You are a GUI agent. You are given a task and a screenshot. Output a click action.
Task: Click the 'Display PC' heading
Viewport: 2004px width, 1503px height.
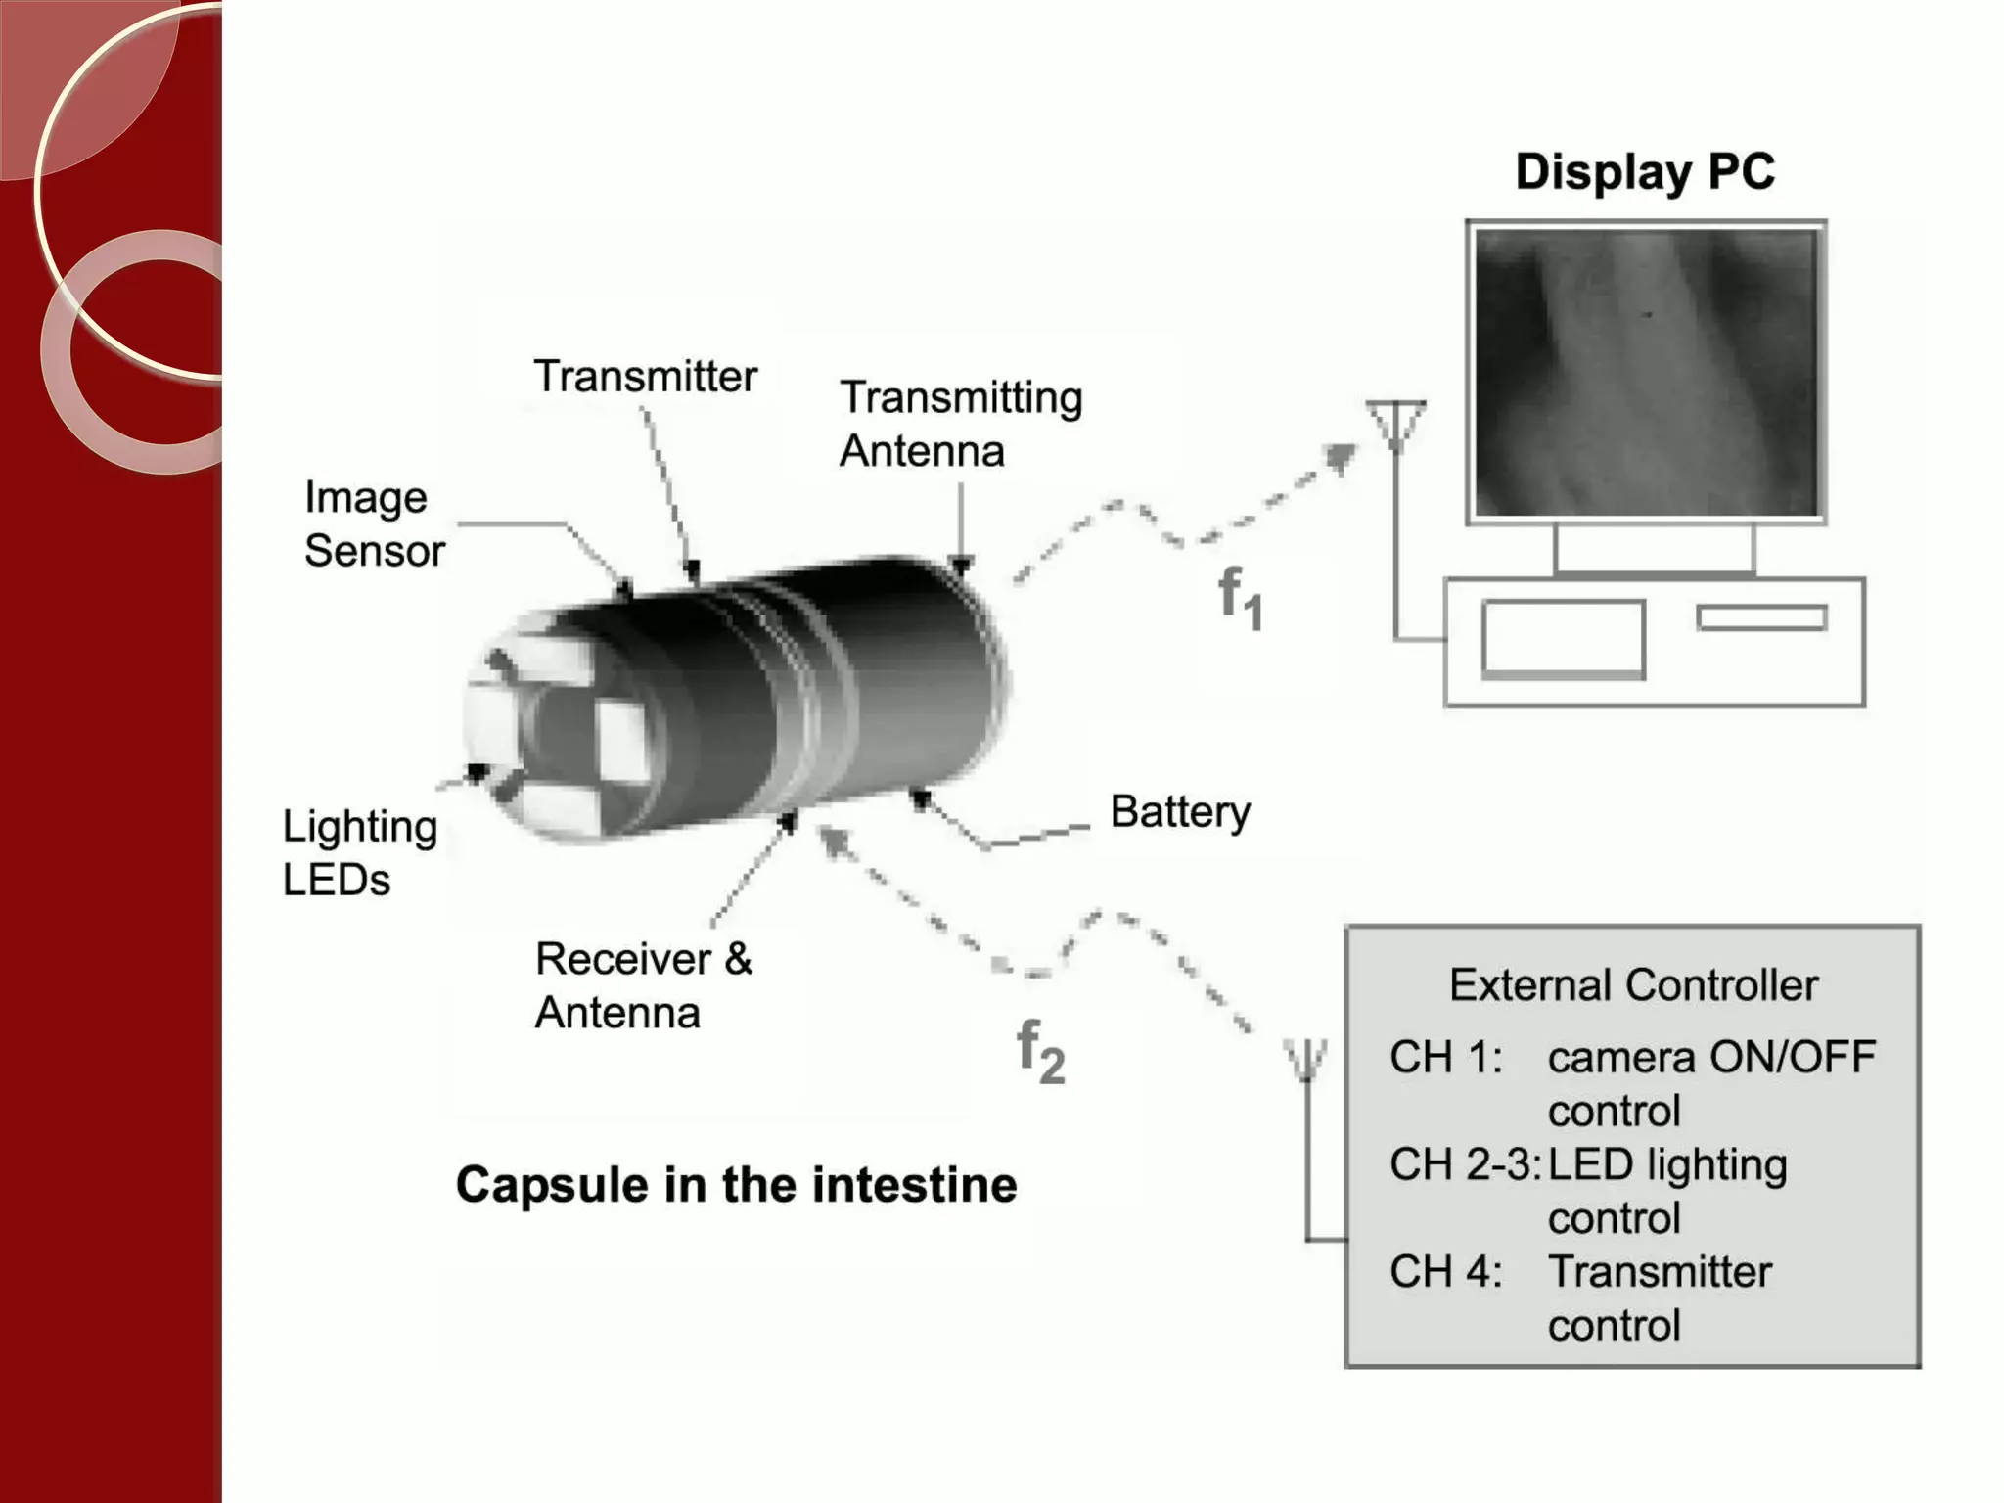[x=1645, y=172]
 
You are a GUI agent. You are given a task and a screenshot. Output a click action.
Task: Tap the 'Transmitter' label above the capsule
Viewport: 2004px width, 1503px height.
[x=645, y=377]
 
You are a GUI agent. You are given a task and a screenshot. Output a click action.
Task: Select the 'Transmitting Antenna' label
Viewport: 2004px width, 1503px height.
[x=961, y=425]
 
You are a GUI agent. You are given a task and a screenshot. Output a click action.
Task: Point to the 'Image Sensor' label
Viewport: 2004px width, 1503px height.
[x=374, y=524]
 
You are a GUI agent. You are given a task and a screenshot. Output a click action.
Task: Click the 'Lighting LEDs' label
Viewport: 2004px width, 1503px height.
[x=359, y=852]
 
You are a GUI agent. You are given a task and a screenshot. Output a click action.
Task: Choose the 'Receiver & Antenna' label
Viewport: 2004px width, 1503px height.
[x=643, y=985]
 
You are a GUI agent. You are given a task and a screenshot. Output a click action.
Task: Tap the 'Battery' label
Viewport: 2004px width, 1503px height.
[x=1180, y=812]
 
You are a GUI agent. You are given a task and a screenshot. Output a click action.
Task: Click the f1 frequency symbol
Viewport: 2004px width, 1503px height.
[x=1240, y=598]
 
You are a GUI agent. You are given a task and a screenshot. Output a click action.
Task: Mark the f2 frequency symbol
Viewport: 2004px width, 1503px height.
[x=1040, y=1052]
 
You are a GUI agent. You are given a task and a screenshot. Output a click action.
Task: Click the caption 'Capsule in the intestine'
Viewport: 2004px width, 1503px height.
[x=736, y=1185]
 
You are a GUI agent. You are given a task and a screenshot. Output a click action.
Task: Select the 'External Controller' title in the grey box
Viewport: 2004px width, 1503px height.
[x=1633, y=985]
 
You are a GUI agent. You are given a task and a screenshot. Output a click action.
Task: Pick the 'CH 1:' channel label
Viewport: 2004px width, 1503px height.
[x=1445, y=1058]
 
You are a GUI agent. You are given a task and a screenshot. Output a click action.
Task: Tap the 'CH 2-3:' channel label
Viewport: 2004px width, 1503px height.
[x=1464, y=1164]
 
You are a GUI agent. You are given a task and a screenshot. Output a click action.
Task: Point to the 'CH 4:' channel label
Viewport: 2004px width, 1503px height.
[x=1445, y=1272]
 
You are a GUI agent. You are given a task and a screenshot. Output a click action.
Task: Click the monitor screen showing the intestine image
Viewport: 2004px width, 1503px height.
[x=1646, y=373]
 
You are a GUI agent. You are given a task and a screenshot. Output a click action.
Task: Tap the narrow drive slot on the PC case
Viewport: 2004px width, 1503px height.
[x=1761, y=618]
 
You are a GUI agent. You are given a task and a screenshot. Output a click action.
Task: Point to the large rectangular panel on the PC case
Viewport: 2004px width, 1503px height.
[x=1563, y=639]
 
